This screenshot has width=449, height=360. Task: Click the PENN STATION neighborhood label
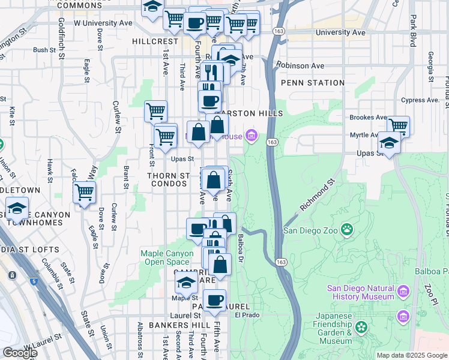point(312,83)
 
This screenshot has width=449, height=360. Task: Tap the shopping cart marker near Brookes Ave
point(398,126)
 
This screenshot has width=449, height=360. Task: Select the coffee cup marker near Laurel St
point(214,300)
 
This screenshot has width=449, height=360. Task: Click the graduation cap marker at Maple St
point(186,283)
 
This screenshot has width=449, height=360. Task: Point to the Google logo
point(20,353)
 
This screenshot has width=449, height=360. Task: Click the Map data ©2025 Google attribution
point(411,355)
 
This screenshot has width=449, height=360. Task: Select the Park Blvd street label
point(413,30)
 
